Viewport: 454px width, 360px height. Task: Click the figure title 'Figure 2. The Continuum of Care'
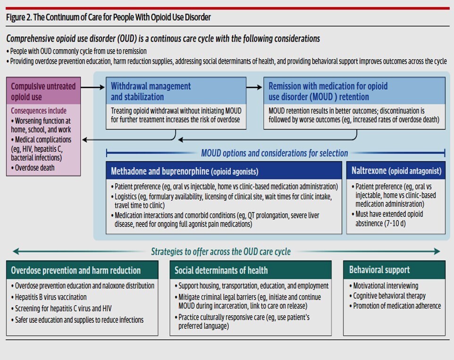109,17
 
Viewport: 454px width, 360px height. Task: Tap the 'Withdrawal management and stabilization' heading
151,91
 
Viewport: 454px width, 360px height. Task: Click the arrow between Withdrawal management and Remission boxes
254,87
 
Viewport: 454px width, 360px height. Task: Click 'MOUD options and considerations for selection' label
274,153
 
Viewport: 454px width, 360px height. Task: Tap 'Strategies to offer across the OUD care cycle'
221,251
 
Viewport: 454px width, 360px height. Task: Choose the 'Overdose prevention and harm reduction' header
76,271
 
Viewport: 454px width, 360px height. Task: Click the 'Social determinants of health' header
221,271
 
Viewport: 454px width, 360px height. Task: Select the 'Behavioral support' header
379,270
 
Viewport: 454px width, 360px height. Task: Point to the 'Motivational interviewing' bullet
386,286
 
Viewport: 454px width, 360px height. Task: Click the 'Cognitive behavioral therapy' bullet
389,296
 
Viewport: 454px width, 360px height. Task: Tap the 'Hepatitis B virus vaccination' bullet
50,297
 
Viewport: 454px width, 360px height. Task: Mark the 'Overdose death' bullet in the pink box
34,168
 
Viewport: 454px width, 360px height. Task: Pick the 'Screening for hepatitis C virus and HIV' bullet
63,309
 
